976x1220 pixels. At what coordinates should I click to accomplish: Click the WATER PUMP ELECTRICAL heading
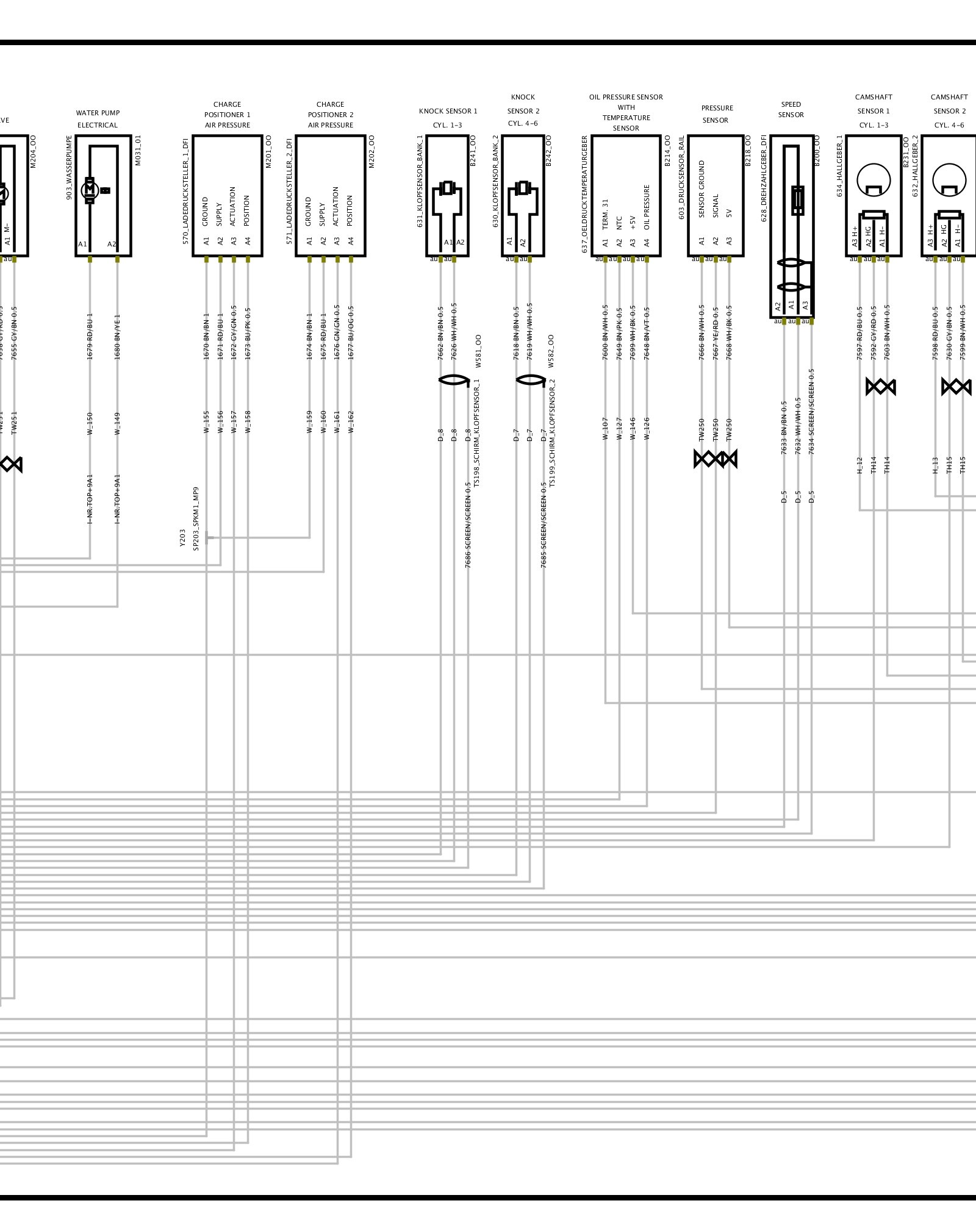98,119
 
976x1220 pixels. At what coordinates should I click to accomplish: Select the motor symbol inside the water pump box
90,190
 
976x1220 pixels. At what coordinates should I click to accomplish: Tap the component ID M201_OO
268,152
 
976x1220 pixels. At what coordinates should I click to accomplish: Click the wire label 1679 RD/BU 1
90,336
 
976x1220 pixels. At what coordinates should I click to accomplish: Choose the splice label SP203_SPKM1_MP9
196,518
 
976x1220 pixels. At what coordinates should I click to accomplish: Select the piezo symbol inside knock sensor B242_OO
522,188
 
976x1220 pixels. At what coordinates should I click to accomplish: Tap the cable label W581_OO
478,351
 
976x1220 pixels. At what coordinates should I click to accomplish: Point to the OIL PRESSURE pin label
647,207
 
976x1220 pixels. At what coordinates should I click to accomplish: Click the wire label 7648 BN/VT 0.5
647,332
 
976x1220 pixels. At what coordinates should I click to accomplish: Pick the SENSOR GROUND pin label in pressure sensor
701,189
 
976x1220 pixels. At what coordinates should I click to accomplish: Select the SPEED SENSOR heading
791,110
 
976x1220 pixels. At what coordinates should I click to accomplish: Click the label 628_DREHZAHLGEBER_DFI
764,178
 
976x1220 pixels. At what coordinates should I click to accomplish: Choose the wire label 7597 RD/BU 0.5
859,332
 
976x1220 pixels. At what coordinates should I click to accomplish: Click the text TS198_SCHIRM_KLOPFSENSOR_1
477,432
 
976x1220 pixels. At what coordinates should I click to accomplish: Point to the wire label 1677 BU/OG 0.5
351,332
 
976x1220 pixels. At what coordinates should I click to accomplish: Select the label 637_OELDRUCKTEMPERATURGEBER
584,194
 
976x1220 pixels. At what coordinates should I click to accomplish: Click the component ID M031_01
138,151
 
